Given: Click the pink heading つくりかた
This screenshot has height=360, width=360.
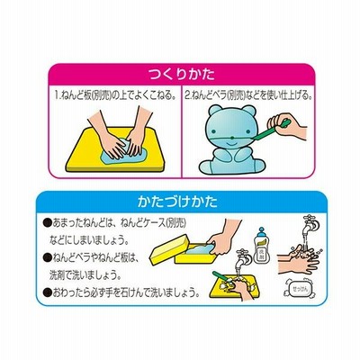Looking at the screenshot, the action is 182,75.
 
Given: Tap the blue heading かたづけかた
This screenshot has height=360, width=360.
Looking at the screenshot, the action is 177,202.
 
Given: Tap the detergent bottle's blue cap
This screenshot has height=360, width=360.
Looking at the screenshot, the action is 262,231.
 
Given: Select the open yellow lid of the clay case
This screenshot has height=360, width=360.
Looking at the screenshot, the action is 169,248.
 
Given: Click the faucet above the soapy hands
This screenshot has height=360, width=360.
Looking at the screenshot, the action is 310,224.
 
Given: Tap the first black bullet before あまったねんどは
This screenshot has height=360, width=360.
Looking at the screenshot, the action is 47,223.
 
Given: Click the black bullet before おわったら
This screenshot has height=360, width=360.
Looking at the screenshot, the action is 47,292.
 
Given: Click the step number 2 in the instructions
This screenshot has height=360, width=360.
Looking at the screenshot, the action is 187,96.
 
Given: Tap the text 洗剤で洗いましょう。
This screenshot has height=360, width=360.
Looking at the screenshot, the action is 85,275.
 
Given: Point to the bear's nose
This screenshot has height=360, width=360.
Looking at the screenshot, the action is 232,138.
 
